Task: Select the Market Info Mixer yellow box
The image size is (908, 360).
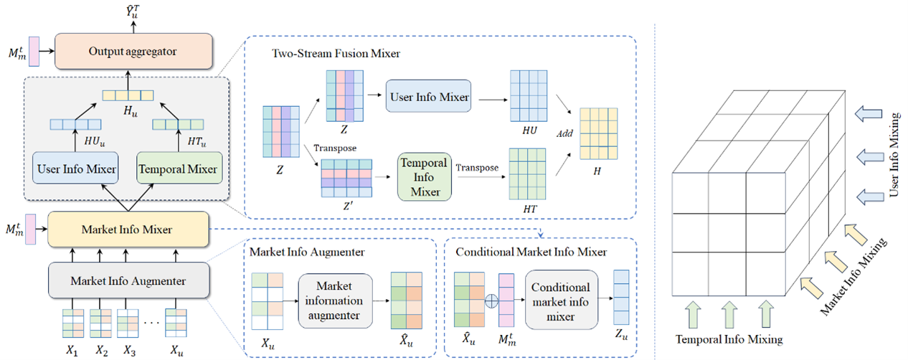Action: click(128, 229)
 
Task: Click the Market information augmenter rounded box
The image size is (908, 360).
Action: click(336, 300)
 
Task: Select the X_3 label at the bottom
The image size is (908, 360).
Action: click(129, 351)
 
